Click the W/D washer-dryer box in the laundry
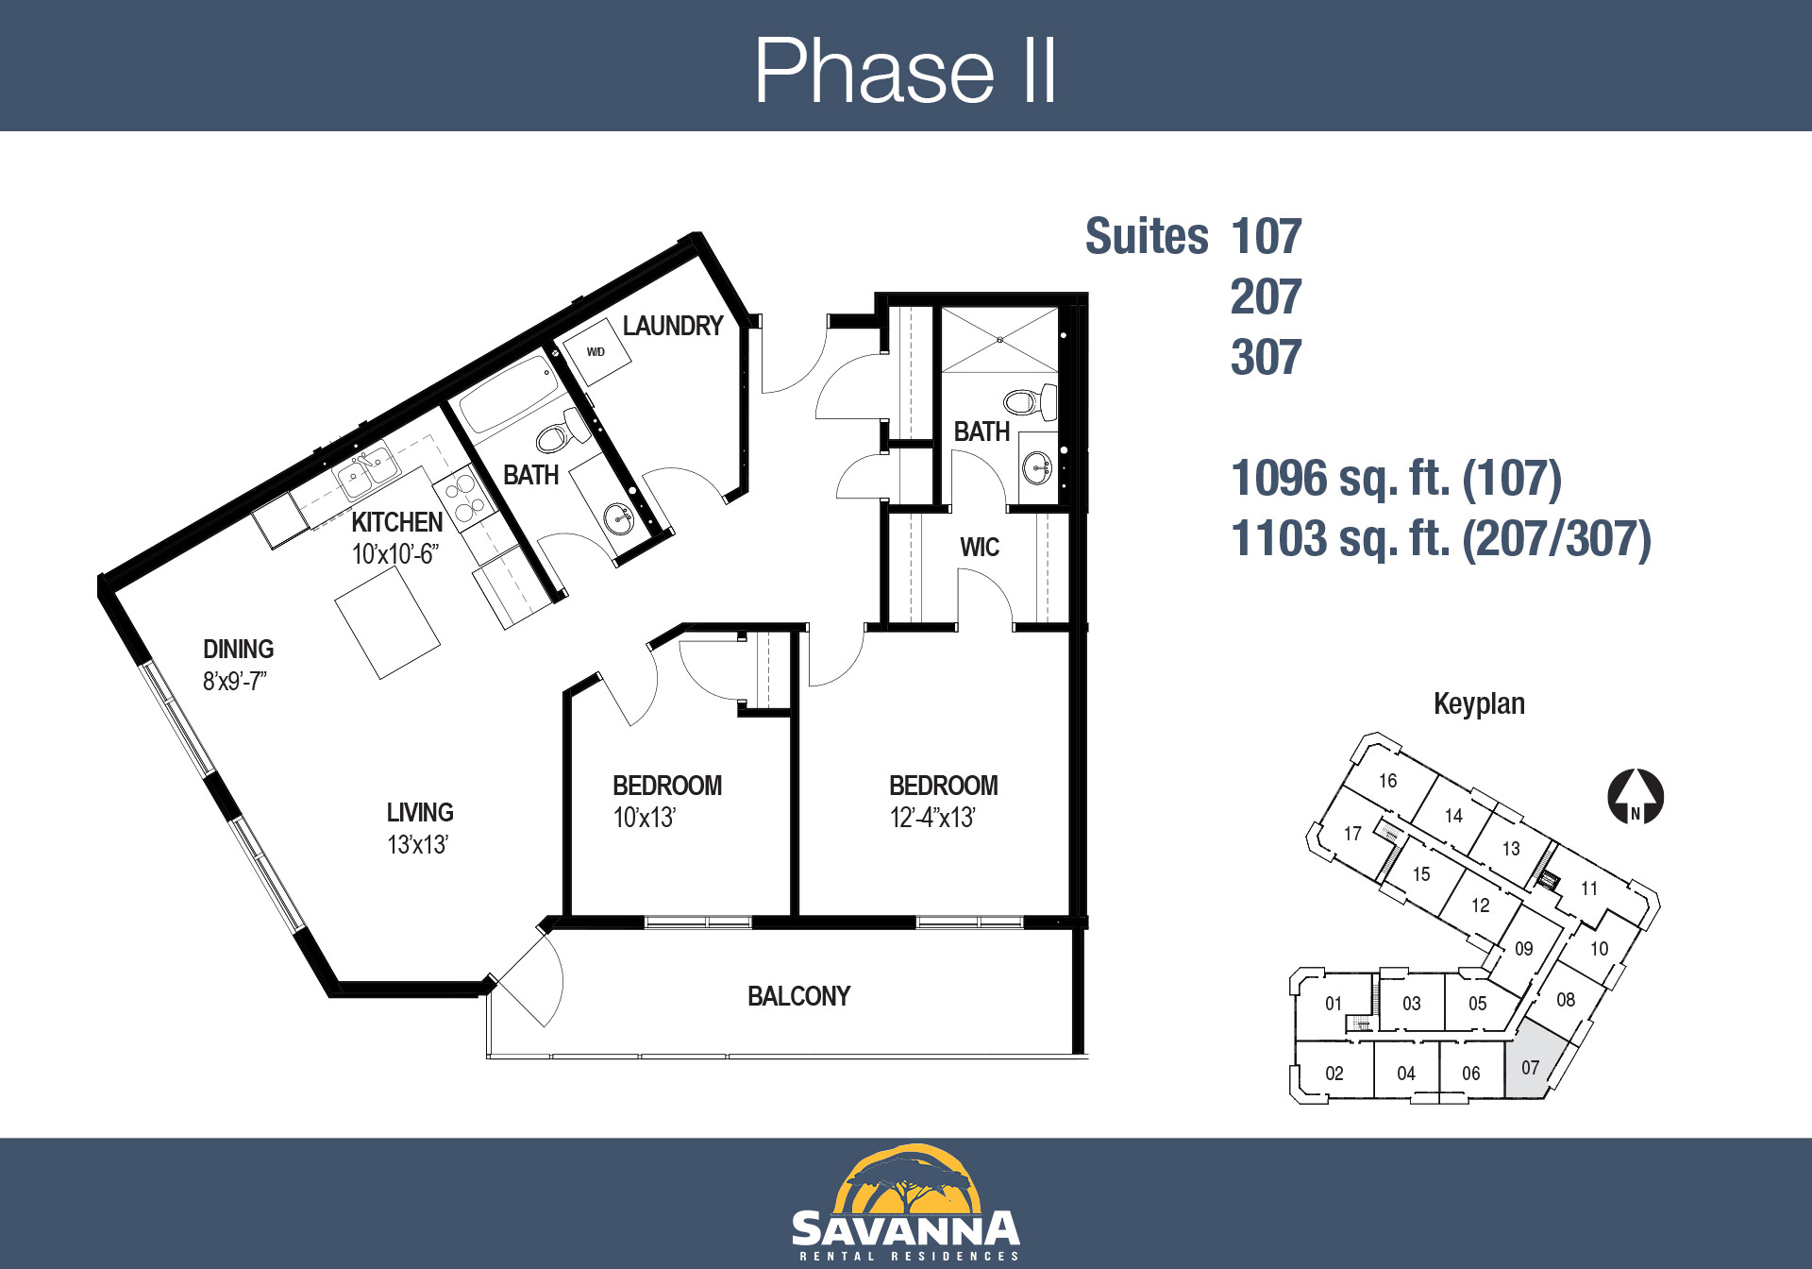(x=596, y=351)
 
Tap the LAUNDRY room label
(x=673, y=326)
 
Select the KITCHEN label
(x=396, y=522)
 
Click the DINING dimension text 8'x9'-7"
(x=235, y=681)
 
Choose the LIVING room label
(x=420, y=812)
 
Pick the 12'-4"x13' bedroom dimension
(x=932, y=818)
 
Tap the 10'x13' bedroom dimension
(x=645, y=818)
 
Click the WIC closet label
(x=980, y=548)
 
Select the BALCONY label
(x=798, y=996)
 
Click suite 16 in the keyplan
(x=1387, y=781)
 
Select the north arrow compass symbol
(x=1636, y=796)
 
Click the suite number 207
(x=1266, y=296)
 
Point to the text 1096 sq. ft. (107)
(x=1397, y=479)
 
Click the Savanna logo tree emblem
(x=906, y=1179)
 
